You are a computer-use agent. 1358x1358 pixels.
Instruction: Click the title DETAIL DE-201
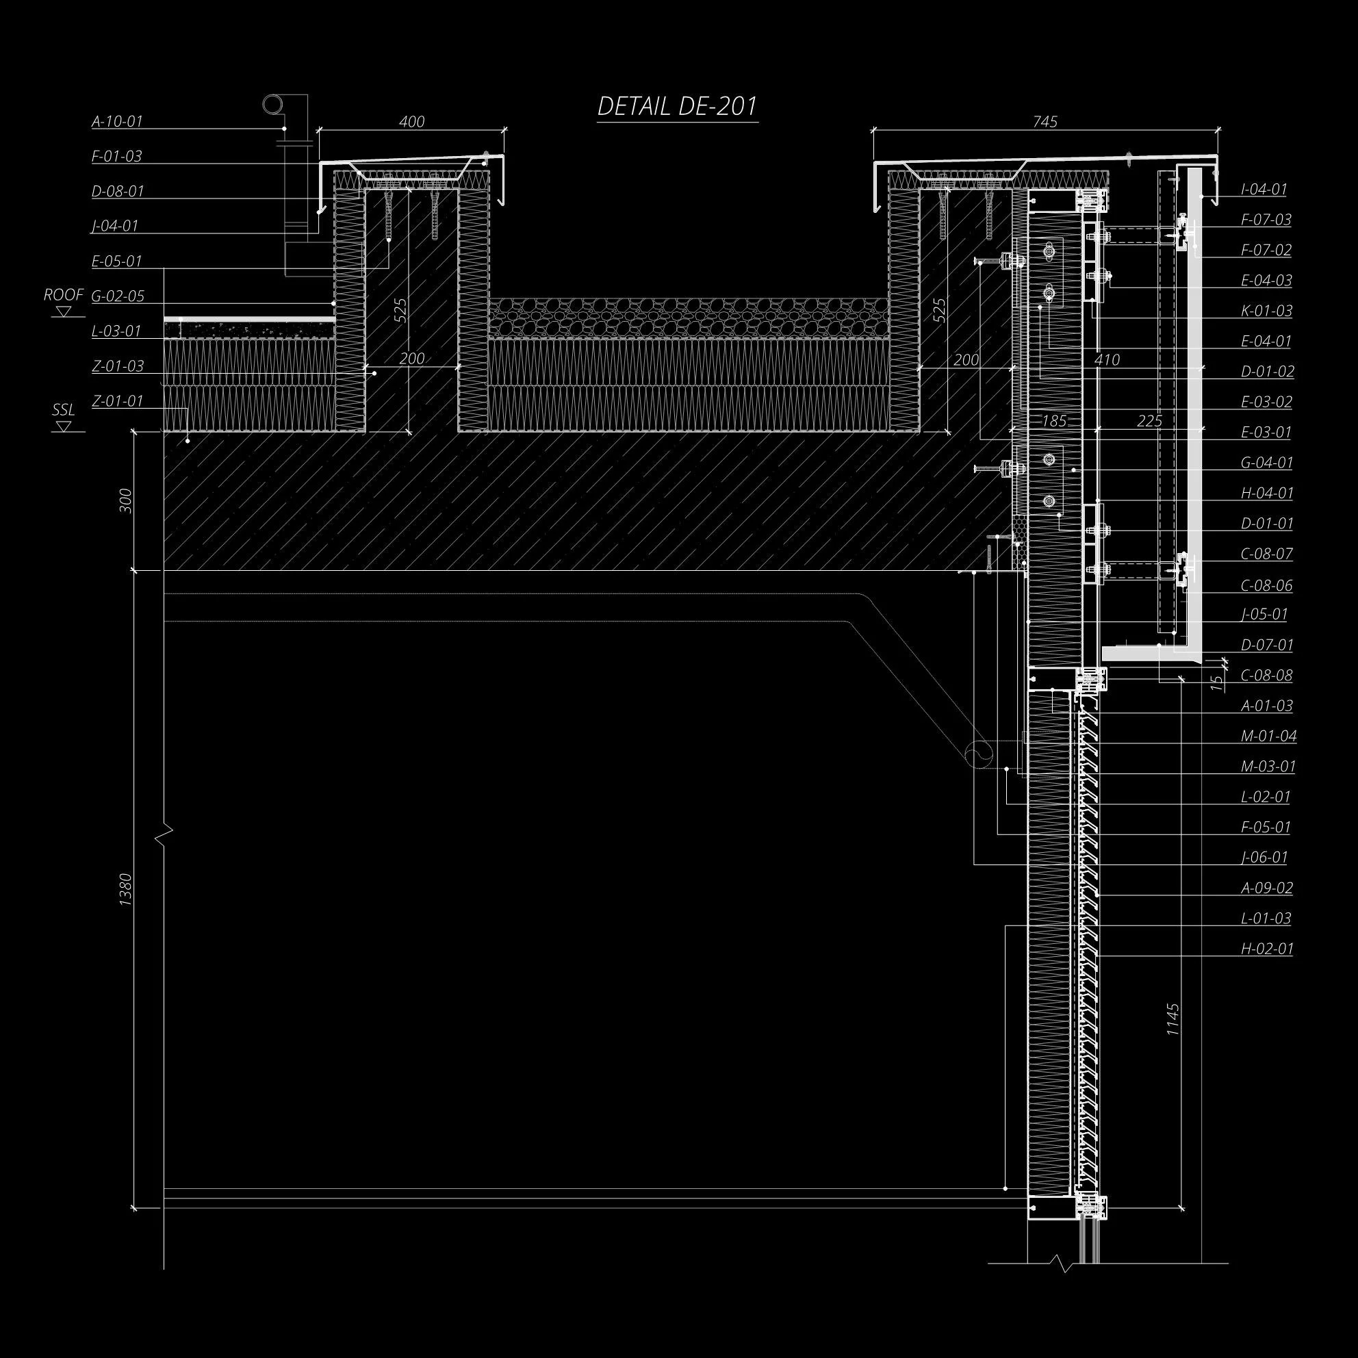[x=677, y=107]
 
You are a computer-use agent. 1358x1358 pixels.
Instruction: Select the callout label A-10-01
[x=116, y=122]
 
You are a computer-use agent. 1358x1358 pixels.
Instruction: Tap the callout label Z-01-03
[x=117, y=366]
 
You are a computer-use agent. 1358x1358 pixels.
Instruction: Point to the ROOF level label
[x=63, y=295]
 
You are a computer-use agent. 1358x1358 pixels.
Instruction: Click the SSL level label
[x=63, y=410]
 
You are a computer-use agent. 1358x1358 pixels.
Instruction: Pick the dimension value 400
[x=411, y=122]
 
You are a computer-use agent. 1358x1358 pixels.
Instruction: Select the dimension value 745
[x=1045, y=122]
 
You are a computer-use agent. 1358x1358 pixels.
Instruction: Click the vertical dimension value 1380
[x=126, y=890]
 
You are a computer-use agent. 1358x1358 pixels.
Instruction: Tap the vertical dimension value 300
[x=126, y=500]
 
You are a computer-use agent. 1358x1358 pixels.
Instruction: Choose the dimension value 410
[x=1107, y=360]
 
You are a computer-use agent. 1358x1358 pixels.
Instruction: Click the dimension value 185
[x=1054, y=421]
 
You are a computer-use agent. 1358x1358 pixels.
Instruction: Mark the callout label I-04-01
[x=1264, y=190]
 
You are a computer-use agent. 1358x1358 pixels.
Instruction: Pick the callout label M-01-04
[x=1268, y=736]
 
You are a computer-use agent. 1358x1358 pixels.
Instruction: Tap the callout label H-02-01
[x=1267, y=949]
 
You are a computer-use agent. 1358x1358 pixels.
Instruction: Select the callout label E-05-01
[x=116, y=261]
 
